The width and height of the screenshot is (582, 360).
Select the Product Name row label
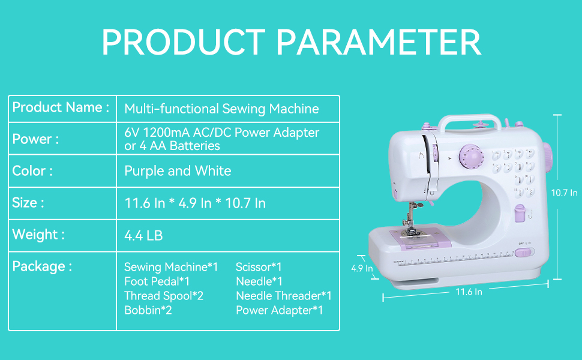(x=61, y=108)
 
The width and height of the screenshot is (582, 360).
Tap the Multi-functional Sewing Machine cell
(x=221, y=109)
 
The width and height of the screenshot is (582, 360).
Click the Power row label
(x=35, y=139)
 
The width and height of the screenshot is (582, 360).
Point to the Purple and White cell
(x=178, y=171)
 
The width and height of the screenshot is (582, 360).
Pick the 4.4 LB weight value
(x=143, y=236)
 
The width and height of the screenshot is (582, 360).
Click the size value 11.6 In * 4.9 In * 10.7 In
(x=195, y=203)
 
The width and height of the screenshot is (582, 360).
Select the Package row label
(x=42, y=266)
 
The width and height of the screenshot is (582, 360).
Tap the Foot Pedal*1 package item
(x=157, y=281)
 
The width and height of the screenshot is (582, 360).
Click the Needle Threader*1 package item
(x=283, y=296)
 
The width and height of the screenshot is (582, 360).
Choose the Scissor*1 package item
(x=259, y=267)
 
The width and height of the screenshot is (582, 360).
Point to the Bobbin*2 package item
(x=148, y=310)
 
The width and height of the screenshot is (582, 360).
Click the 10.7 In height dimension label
(x=565, y=193)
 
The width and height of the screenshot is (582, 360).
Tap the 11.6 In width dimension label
(x=469, y=292)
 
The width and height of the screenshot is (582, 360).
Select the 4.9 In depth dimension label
(x=362, y=268)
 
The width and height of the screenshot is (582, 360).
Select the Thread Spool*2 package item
(x=164, y=296)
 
